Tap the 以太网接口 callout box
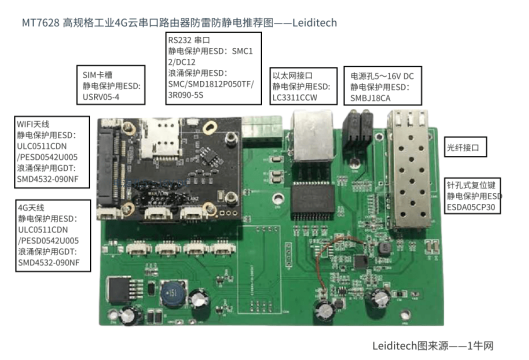[x=304, y=86]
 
